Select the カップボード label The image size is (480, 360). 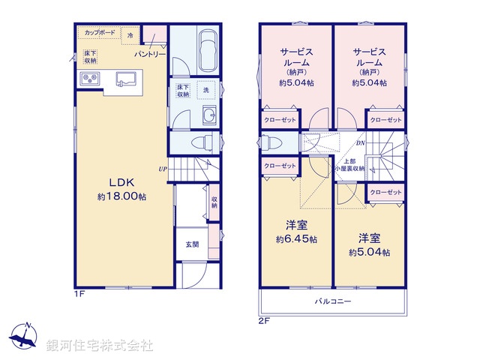[99, 33]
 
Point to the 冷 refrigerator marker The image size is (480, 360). [130, 35]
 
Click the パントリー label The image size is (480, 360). [150, 55]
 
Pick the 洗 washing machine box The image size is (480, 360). [206, 90]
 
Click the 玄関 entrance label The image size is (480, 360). [193, 244]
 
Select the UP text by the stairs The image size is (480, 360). [163, 169]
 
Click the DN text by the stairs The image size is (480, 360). [360, 142]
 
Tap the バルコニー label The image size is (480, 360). [332, 301]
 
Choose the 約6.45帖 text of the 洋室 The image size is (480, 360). [295, 239]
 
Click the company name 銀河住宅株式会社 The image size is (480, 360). [100, 345]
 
